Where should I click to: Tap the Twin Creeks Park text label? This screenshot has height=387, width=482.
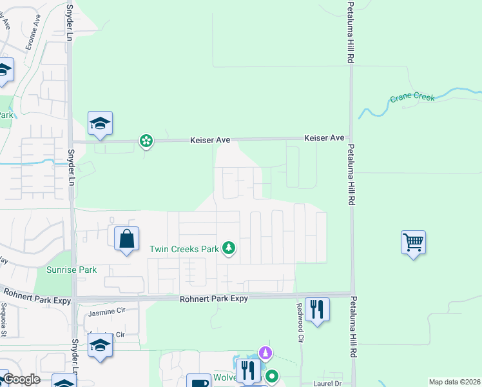(184, 248)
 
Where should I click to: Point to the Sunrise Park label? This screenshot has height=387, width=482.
(72, 270)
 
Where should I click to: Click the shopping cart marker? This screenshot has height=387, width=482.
(413, 243)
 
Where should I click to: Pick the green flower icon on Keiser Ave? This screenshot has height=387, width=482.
(147, 140)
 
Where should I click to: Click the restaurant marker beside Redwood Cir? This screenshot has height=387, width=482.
(316, 309)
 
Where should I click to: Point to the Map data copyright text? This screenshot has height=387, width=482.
(454, 382)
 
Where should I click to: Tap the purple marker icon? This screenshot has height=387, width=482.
(265, 353)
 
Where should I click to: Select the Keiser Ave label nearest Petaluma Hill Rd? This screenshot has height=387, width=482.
(324, 137)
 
